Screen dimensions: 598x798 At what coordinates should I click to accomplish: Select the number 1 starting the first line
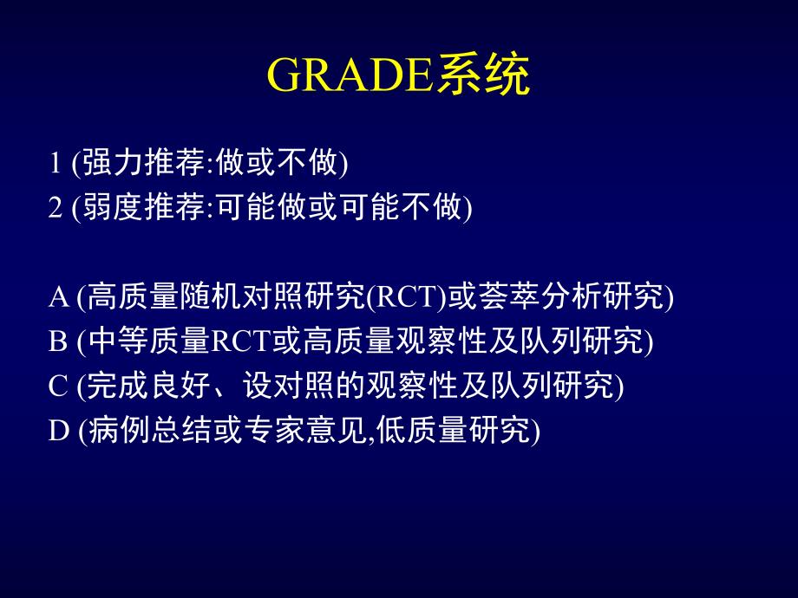click(56, 163)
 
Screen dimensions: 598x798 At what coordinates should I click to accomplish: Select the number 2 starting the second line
click(56, 209)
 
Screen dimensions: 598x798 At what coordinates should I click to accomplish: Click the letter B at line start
click(59, 342)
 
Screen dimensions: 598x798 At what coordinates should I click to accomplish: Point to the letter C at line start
click(59, 387)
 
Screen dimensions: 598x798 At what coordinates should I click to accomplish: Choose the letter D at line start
click(59, 431)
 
